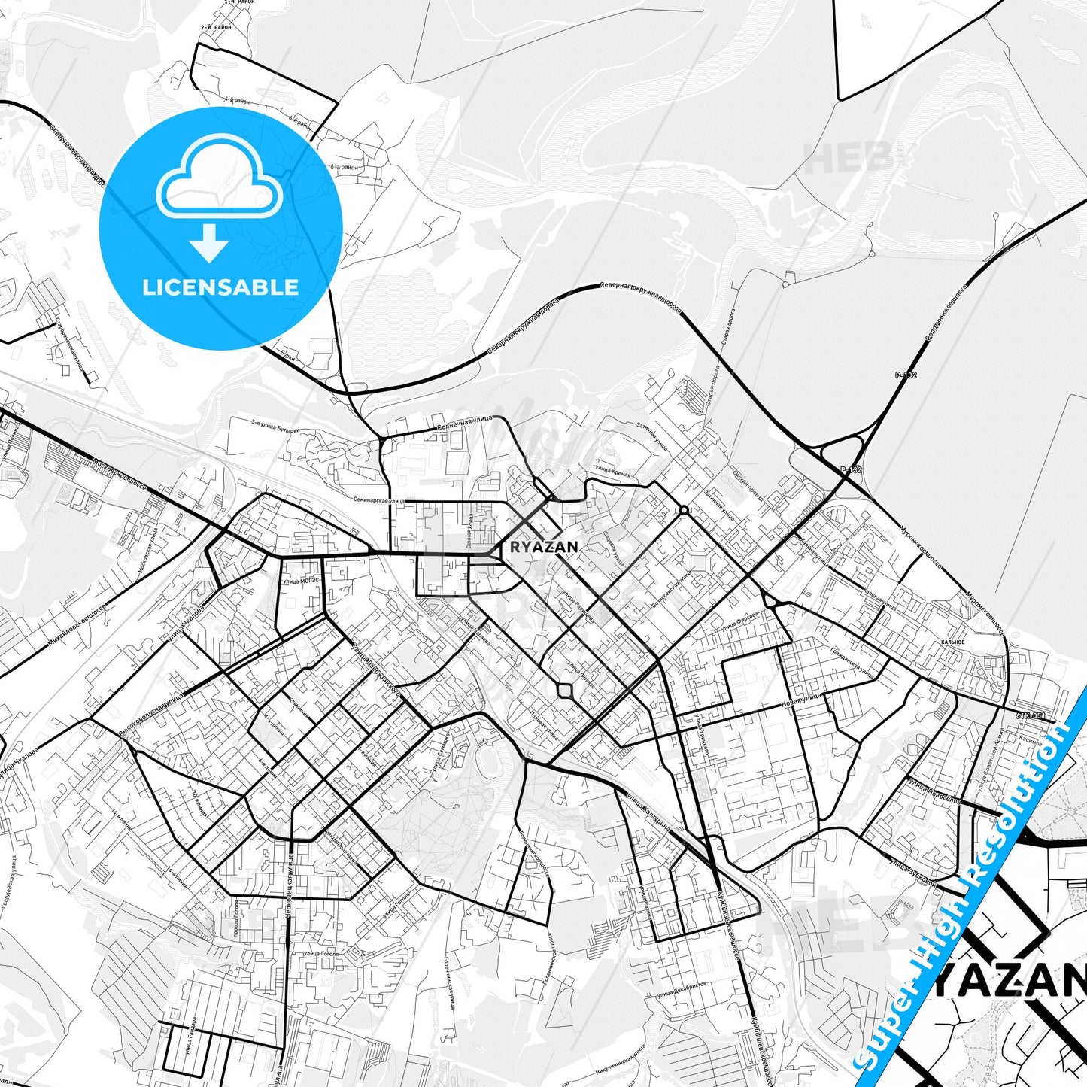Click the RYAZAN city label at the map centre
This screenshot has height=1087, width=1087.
point(544,547)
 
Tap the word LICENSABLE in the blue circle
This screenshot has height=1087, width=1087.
point(220,287)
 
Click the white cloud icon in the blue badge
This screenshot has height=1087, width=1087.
point(219,178)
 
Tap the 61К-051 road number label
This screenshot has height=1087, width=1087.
point(1030,715)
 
